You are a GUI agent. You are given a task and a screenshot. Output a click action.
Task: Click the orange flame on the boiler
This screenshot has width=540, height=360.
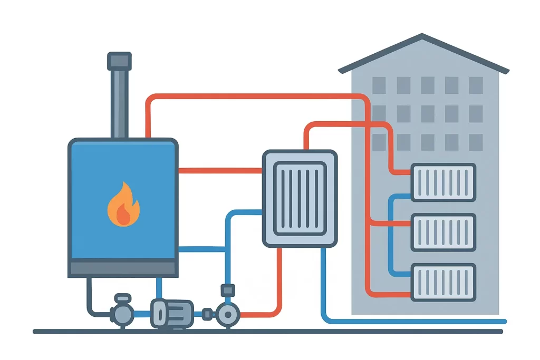(123, 205)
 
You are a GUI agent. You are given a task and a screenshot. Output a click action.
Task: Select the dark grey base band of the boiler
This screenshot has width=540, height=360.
(123, 268)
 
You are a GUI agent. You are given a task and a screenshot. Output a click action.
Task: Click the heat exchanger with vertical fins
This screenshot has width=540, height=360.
(300, 198)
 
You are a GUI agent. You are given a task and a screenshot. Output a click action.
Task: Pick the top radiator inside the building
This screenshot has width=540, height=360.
(443, 182)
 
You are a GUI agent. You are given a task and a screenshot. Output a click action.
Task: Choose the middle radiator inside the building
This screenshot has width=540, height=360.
(443, 232)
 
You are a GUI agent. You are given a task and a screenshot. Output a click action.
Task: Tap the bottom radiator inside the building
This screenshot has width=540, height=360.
(443, 282)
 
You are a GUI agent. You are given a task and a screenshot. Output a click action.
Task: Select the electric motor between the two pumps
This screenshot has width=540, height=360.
(172, 314)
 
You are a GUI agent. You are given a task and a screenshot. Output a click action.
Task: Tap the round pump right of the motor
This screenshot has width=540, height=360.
(227, 315)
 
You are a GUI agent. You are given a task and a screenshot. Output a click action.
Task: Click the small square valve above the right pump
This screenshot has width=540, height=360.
(227, 290)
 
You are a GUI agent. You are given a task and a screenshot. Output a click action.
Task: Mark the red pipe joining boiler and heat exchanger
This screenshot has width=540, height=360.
(220, 170)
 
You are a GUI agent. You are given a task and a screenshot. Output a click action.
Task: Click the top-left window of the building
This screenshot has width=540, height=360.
(379, 85)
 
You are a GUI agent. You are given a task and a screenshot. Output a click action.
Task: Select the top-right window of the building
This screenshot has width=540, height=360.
(476, 85)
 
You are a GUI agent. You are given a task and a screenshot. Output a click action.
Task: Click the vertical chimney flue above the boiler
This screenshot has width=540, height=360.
(119, 103)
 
